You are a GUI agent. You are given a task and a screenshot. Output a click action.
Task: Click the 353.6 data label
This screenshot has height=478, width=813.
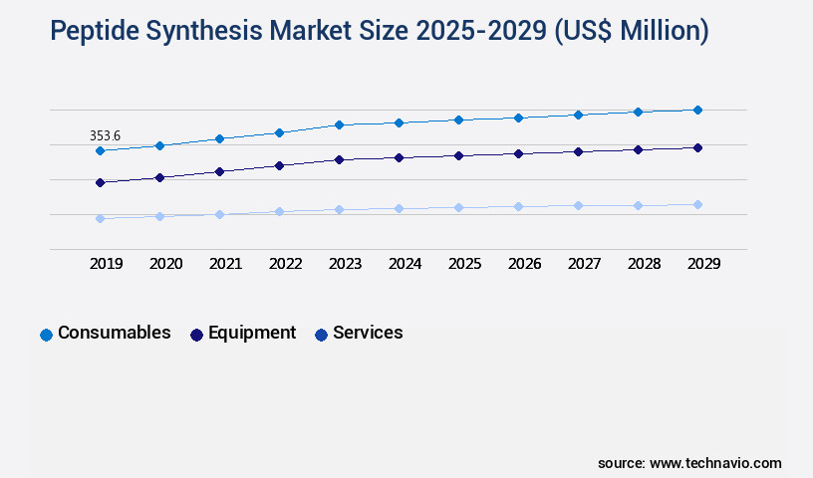pyautogui.click(x=105, y=135)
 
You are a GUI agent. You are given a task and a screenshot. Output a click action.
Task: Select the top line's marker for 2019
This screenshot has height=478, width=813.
pyautogui.click(x=100, y=150)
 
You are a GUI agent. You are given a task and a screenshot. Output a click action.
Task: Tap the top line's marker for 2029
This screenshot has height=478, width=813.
pyautogui.click(x=697, y=110)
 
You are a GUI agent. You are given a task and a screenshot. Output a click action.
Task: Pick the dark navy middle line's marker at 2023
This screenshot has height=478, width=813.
pyautogui.click(x=339, y=159)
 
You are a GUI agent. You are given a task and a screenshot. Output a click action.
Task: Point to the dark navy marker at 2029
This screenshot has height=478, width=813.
pyautogui.click(x=697, y=147)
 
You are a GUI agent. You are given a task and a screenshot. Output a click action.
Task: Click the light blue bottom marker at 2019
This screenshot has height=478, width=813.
pyautogui.click(x=100, y=218)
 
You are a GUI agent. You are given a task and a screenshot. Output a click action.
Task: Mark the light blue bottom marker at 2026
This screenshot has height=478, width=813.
pyautogui.click(x=518, y=206)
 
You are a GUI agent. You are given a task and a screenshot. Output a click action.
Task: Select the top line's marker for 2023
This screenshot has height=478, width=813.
pyautogui.click(x=339, y=124)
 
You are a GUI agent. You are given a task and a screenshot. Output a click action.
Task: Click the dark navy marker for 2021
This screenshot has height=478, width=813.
pyautogui.click(x=219, y=171)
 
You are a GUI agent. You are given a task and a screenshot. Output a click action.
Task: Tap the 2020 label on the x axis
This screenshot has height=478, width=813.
pyautogui.click(x=165, y=264)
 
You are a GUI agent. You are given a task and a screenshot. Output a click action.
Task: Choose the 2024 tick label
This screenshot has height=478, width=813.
pyautogui.click(x=405, y=264)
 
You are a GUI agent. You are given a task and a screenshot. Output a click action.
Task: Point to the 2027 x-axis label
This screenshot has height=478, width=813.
pyautogui.click(x=584, y=264)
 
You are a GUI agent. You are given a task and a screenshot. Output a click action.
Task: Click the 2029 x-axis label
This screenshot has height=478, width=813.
pyautogui.click(x=703, y=264)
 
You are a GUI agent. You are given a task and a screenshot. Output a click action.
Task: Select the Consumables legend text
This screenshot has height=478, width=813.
pyautogui.click(x=114, y=333)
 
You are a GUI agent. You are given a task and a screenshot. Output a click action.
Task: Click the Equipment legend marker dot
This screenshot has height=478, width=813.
pyautogui.click(x=196, y=335)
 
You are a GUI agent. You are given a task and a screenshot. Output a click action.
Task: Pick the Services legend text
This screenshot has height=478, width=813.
pyautogui.click(x=368, y=333)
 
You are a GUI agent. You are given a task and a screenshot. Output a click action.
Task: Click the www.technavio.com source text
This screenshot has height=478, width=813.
pyautogui.click(x=715, y=463)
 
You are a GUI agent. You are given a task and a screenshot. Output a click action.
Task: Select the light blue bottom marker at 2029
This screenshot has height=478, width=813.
pyautogui.click(x=697, y=204)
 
